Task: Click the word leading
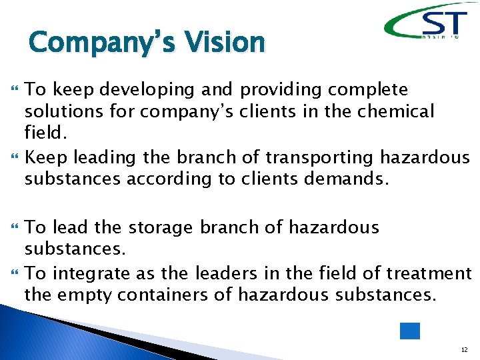(103, 157)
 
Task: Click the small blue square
(409, 331)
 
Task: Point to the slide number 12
(463, 349)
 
